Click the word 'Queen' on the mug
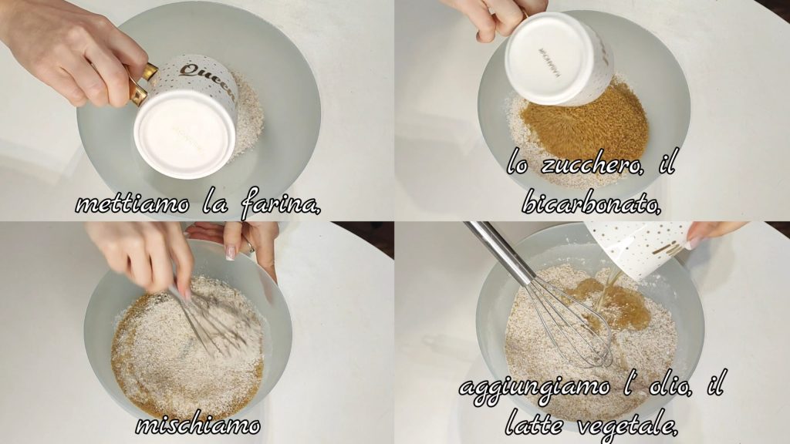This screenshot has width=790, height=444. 208,80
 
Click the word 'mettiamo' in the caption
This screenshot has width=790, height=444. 133,203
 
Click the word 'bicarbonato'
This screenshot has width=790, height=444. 591,203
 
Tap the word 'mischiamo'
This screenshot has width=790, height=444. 198,425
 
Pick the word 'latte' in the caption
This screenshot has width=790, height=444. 534,424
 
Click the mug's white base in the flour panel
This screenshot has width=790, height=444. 185,135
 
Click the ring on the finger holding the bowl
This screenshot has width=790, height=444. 250,247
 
